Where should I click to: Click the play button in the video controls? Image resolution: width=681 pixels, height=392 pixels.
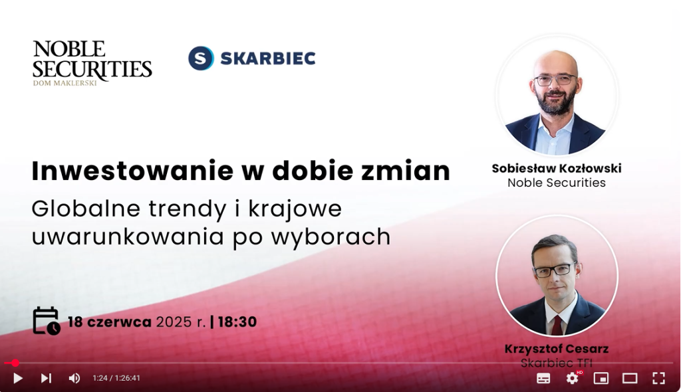18,378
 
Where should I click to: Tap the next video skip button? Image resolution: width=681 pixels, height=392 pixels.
46,378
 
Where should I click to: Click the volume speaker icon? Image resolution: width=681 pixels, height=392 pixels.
74,378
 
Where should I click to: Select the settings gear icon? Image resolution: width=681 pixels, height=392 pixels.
573,378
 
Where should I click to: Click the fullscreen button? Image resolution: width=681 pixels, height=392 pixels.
659,378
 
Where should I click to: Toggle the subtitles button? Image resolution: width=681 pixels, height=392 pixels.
543,378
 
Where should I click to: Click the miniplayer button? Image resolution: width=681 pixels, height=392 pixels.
601,378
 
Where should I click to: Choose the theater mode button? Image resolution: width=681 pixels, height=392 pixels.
630,378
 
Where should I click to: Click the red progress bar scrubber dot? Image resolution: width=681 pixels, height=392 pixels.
15,363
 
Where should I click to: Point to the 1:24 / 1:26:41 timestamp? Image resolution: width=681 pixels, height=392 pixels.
116,378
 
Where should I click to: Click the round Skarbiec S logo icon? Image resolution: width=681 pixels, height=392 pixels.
201,58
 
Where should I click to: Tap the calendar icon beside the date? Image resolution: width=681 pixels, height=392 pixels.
47,321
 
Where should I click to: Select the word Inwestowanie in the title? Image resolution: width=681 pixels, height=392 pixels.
132,171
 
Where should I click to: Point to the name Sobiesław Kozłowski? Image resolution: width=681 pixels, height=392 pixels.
557,169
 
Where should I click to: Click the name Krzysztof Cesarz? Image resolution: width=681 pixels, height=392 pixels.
557,349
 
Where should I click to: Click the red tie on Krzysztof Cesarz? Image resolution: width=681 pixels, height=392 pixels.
557,325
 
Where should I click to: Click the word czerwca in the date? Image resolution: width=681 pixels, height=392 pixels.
119,322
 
